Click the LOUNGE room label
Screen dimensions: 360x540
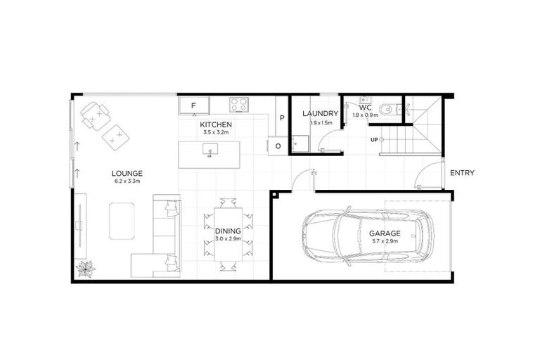(127, 173)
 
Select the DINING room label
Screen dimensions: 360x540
(228, 230)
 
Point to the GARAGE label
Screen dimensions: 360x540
(385, 233)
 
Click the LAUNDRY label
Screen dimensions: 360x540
(321, 113)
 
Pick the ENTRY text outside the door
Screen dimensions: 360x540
(462, 173)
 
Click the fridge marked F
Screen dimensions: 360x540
(194, 106)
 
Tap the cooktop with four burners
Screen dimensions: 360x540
(239, 105)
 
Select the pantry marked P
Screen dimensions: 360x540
(281, 118)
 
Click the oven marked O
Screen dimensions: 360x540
(277, 146)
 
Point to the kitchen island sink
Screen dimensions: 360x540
(209, 150)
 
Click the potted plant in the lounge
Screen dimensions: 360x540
(86, 268)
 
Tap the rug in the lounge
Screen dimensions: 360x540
(122, 221)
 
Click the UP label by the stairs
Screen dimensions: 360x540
(375, 139)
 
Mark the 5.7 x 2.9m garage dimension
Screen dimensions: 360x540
(385, 242)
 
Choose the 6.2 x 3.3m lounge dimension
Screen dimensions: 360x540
(127, 181)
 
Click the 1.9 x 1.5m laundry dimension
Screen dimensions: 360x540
(321, 122)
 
